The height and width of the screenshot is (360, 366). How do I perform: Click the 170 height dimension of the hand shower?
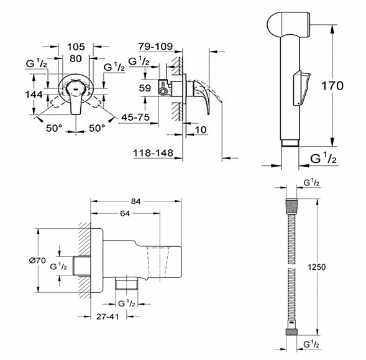tap(332, 86)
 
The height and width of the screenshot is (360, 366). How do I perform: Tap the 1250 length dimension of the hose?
tap(316, 267)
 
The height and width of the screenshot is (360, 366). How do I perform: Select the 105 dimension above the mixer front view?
tap(76, 47)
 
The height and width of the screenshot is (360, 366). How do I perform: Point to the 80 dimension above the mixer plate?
tap(76, 58)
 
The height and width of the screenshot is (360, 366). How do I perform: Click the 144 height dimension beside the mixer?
tap(34, 95)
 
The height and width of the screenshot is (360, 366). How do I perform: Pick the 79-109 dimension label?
tap(155, 46)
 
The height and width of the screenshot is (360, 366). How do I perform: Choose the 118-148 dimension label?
tap(153, 153)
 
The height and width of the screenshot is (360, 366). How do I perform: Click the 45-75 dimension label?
tap(135, 117)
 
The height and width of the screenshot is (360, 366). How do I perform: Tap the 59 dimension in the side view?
tap(145, 88)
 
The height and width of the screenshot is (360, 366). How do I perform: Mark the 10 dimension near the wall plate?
tap(201, 130)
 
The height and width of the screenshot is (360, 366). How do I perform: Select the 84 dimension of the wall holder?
tap(135, 201)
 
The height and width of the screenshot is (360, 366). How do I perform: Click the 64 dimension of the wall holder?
tap(125, 213)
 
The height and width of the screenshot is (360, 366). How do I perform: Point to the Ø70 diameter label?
tap(37, 261)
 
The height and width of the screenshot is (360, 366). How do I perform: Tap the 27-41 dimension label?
tap(108, 316)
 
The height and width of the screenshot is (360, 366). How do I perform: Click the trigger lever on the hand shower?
tap(301, 88)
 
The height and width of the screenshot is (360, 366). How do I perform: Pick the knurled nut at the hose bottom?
tap(291, 332)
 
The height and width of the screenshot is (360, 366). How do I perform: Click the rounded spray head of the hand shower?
tap(288, 24)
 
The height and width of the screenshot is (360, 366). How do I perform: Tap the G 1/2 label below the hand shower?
tap(323, 159)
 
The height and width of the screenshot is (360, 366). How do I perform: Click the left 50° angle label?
tap(54, 128)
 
